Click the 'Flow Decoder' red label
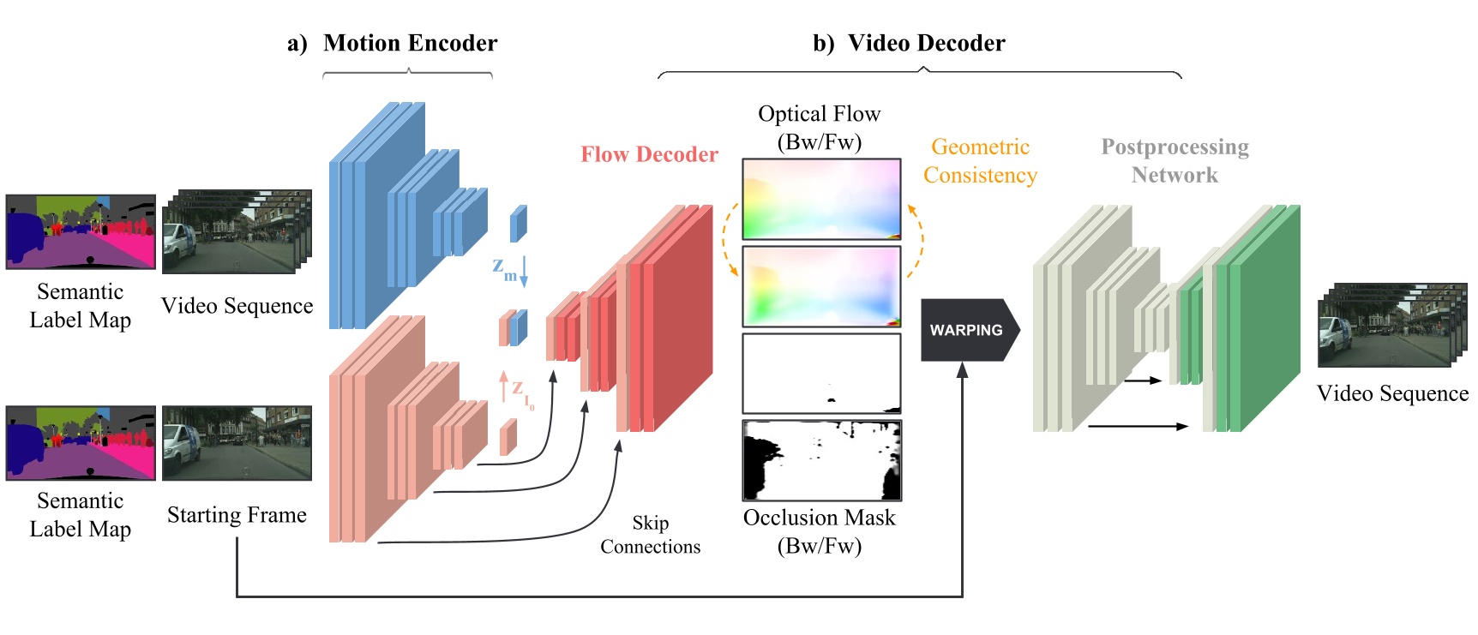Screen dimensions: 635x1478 pos(649,154)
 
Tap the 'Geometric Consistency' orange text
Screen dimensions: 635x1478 pos(980,161)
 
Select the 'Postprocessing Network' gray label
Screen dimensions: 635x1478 pos(1175,161)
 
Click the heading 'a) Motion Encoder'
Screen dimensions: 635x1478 pos(393,44)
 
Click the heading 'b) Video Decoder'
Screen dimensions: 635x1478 pos(909,44)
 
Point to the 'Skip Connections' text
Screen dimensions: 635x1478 pos(650,535)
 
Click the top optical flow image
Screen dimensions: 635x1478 pos(821,199)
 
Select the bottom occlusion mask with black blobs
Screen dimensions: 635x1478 pos(821,460)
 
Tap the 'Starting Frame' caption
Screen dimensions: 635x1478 pos(237,515)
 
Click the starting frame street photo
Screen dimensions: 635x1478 pos(237,443)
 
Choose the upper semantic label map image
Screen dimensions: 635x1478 pos(81,231)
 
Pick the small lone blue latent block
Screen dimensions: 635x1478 pos(518,224)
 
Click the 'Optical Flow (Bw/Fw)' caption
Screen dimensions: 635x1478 pos(819,128)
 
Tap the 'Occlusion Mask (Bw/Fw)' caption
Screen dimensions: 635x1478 pos(819,531)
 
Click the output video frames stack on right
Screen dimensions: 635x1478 pos(1391,326)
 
